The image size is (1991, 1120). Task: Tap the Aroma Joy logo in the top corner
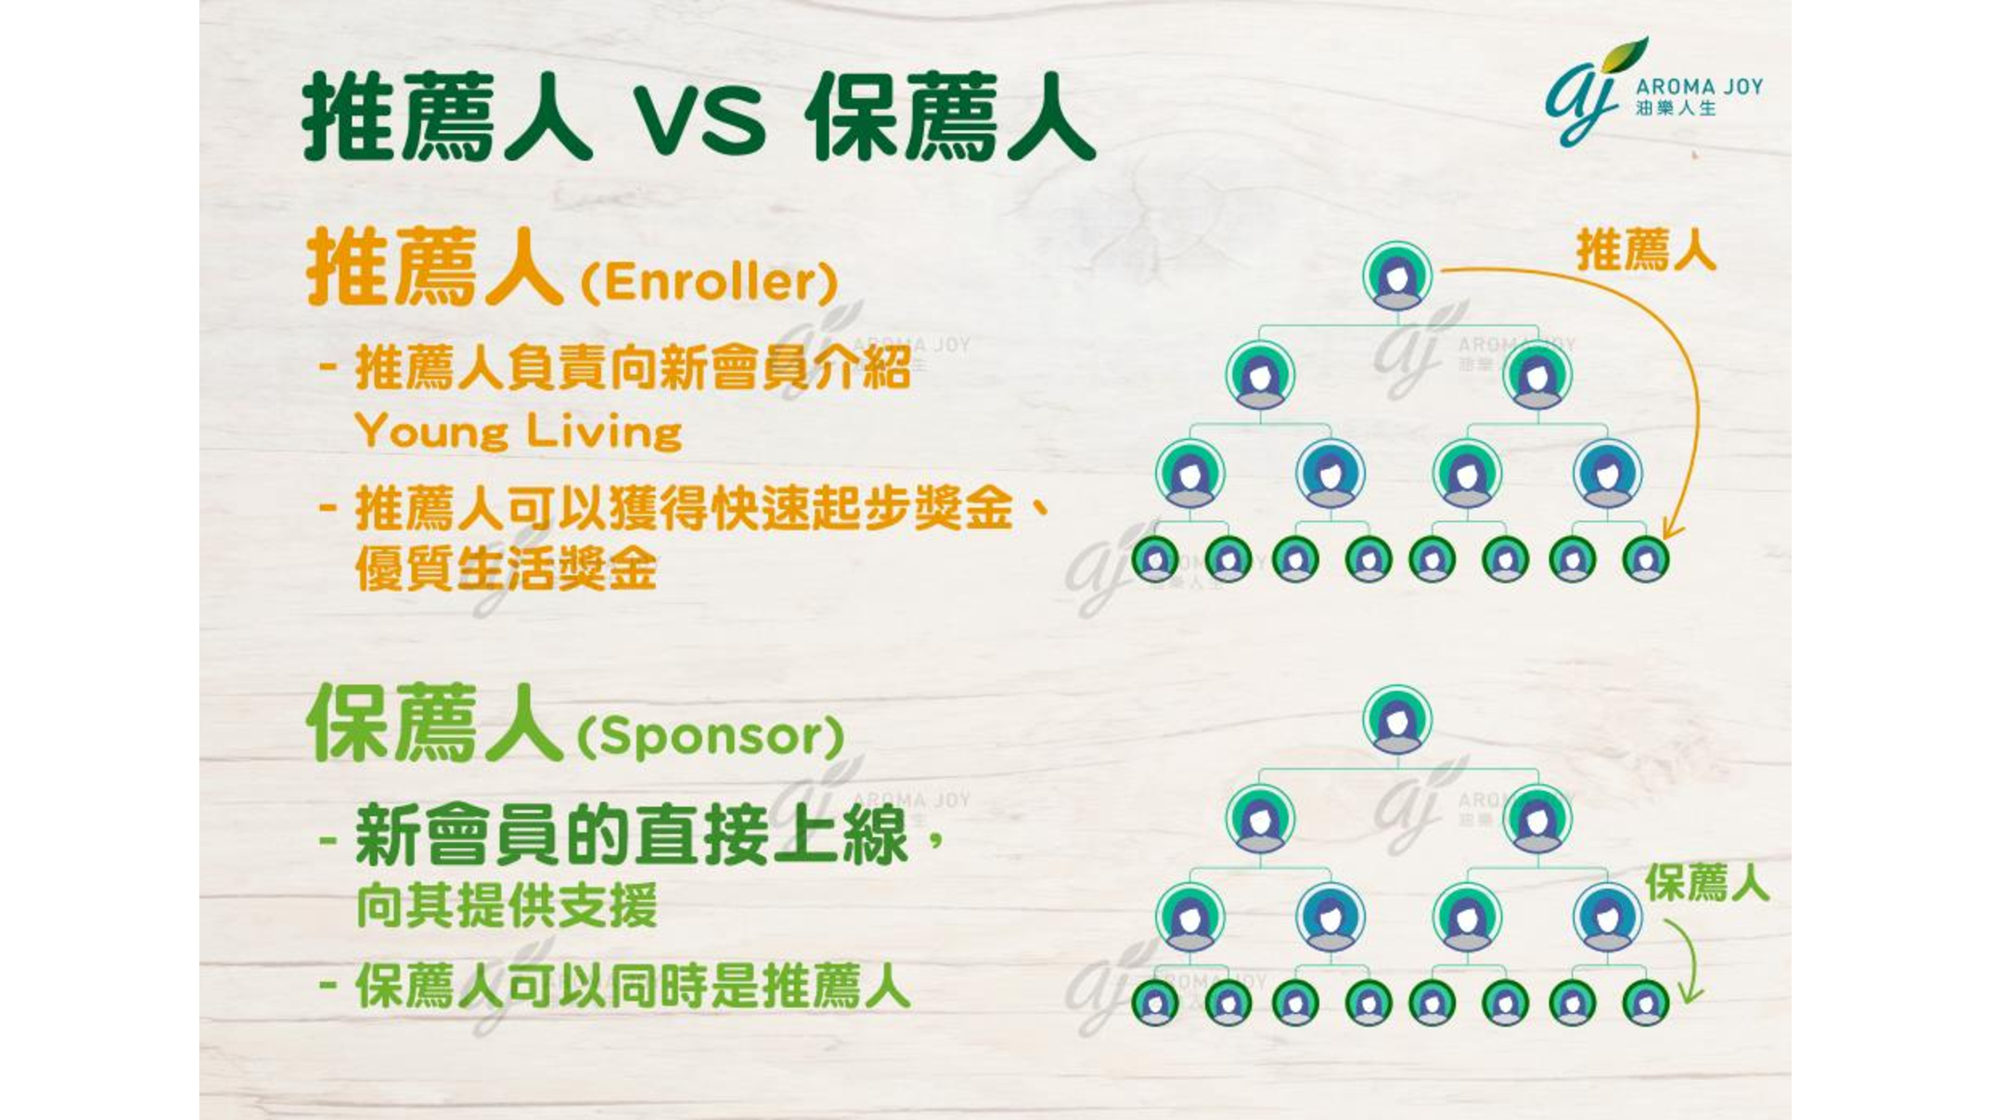(1654, 92)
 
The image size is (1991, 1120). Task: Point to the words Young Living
(519, 432)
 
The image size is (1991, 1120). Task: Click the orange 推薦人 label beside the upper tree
(1645, 249)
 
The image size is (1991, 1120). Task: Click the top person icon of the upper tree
(1397, 277)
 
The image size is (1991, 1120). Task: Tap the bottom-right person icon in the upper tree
(1645, 559)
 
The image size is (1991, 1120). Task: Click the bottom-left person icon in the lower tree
(1155, 1003)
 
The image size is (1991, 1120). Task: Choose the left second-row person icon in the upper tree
(1260, 376)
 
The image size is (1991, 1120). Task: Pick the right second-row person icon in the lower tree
(1536, 819)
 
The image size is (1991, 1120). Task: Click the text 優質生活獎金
(506, 570)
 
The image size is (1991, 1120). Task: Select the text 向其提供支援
(506, 905)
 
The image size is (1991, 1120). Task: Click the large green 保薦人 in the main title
(950, 117)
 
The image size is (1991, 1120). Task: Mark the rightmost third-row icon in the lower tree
(1607, 917)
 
